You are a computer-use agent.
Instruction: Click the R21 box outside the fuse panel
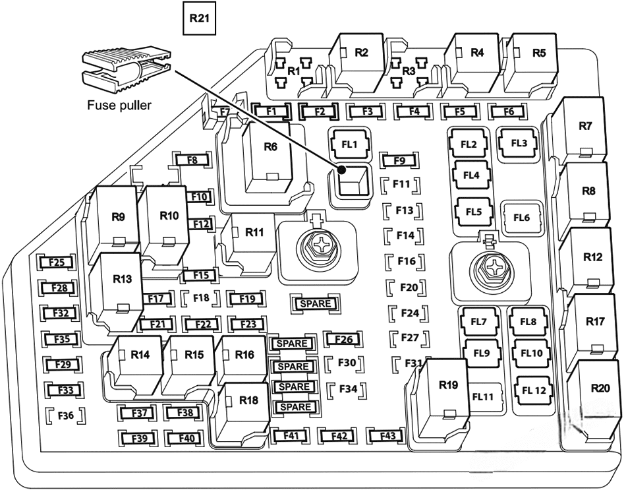[x=199, y=19]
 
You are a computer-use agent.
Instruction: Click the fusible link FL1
[x=349, y=144]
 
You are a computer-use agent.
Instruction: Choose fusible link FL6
[x=521, y=217]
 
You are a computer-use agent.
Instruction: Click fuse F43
[x=387, y=436]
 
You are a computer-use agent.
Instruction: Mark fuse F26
[x=343, y=340]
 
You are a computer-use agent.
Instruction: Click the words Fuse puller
[x=119, y=104]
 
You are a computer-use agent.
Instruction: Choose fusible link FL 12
[x=534, y=390]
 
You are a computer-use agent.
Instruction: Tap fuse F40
[x=182, y=438]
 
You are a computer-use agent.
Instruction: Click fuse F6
[x=508, y=111]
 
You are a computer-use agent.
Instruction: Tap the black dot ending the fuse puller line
[x=342, y=170]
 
